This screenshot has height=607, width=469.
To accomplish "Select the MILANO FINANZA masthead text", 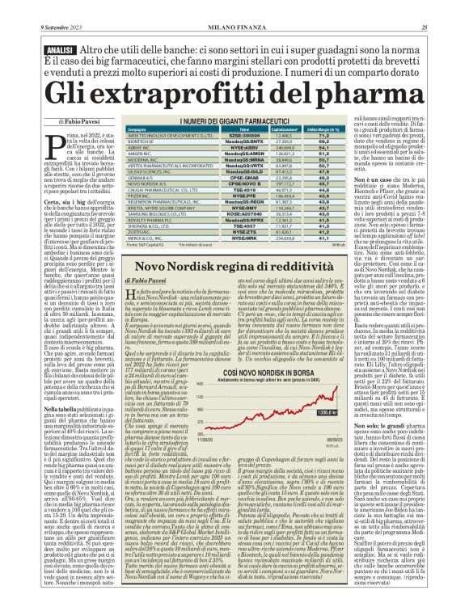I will (x=234, y=27).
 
